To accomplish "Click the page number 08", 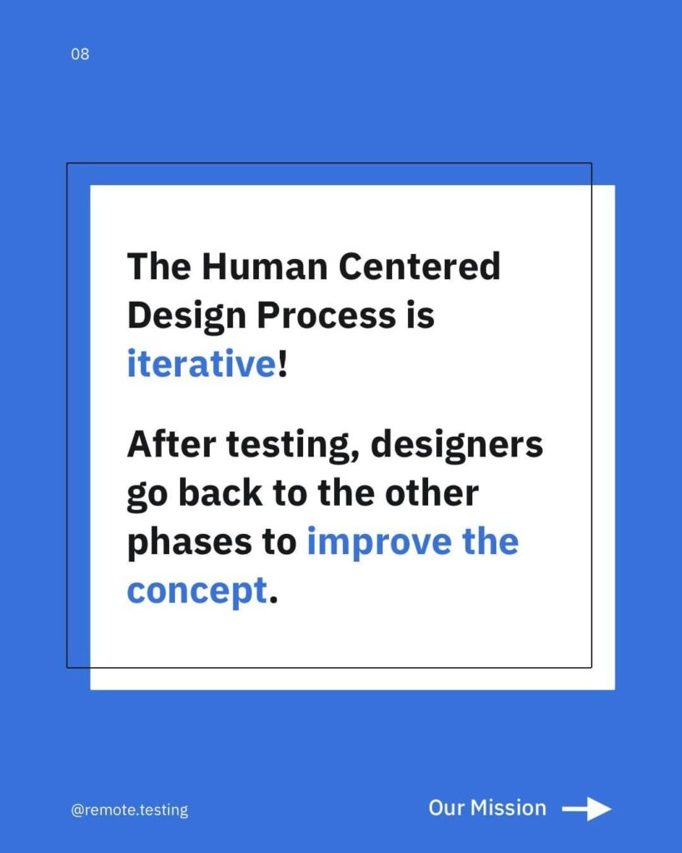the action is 80,54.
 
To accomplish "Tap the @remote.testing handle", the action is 129,810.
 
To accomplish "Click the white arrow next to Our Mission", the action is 586,810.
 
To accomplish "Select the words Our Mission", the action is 487,808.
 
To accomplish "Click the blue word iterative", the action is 202,363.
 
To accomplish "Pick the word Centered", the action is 419,266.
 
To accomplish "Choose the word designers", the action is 456,446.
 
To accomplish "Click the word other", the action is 431,493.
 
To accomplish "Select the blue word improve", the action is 379,544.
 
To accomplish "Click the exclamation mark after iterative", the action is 281,363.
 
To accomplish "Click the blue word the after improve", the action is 490,541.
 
